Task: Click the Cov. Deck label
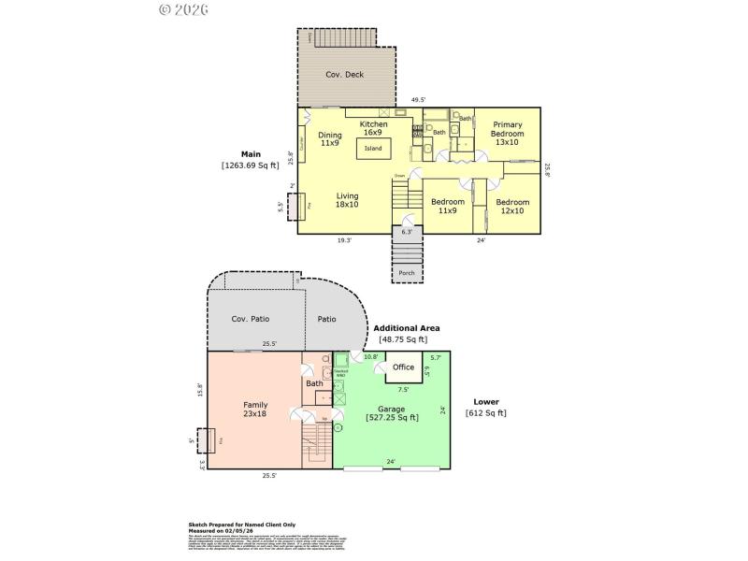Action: pos(344,75)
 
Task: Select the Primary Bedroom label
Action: pos(507,134)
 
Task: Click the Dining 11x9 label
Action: pos(330,139)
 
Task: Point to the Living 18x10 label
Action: pos(348,200)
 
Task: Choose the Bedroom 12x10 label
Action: pos(511,207)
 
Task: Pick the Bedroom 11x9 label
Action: pos(447,207)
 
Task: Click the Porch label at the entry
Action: pos(407,273)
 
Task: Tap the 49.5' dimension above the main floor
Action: pos(419,99)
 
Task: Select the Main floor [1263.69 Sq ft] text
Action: pos(250,160)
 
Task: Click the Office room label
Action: pos(403,367)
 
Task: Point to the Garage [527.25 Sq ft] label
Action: pos(391,413)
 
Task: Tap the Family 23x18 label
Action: pos(255,410)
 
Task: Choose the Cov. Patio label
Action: pos(251,319)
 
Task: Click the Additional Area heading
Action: pos(406,328)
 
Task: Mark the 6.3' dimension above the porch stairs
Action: pos(407,231)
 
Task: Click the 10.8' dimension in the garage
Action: pos(370,357)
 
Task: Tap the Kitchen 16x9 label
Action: pos(374,128)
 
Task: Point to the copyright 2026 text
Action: pos(183,9)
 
